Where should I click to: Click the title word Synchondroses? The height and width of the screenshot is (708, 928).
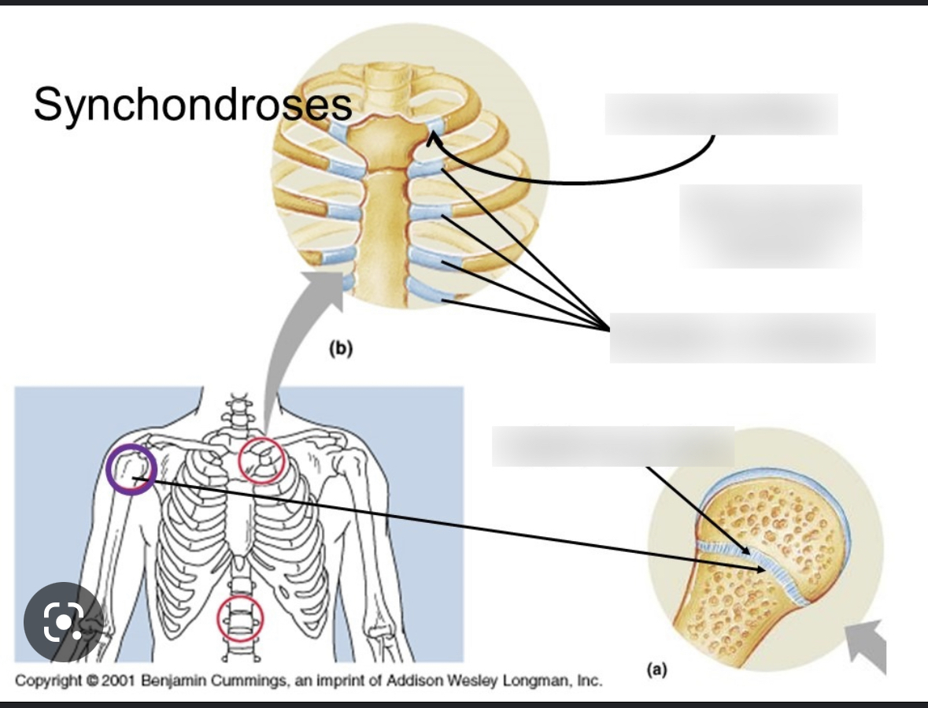point(192,104)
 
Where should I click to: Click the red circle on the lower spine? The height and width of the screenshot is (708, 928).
point(240,618)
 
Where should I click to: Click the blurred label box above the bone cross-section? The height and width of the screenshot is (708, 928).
point(612,446)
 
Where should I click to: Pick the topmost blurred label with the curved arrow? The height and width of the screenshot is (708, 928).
point(720,114)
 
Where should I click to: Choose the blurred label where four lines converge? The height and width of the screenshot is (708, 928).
point(742,337)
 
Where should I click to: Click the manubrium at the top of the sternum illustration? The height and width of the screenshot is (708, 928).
point(381,139)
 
